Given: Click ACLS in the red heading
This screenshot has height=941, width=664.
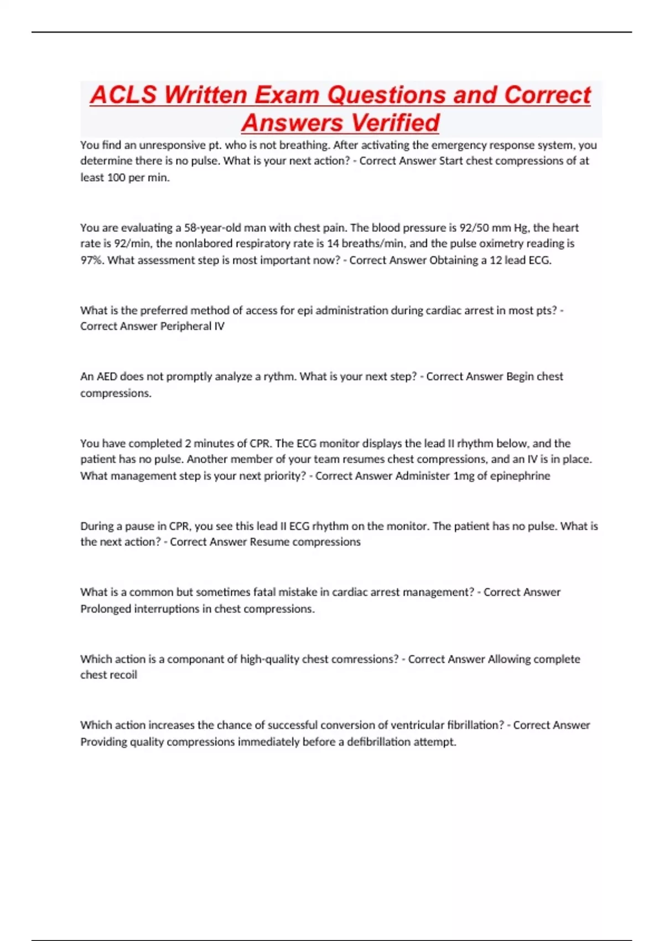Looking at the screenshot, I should pyautogui.click(x=123, y=95).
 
